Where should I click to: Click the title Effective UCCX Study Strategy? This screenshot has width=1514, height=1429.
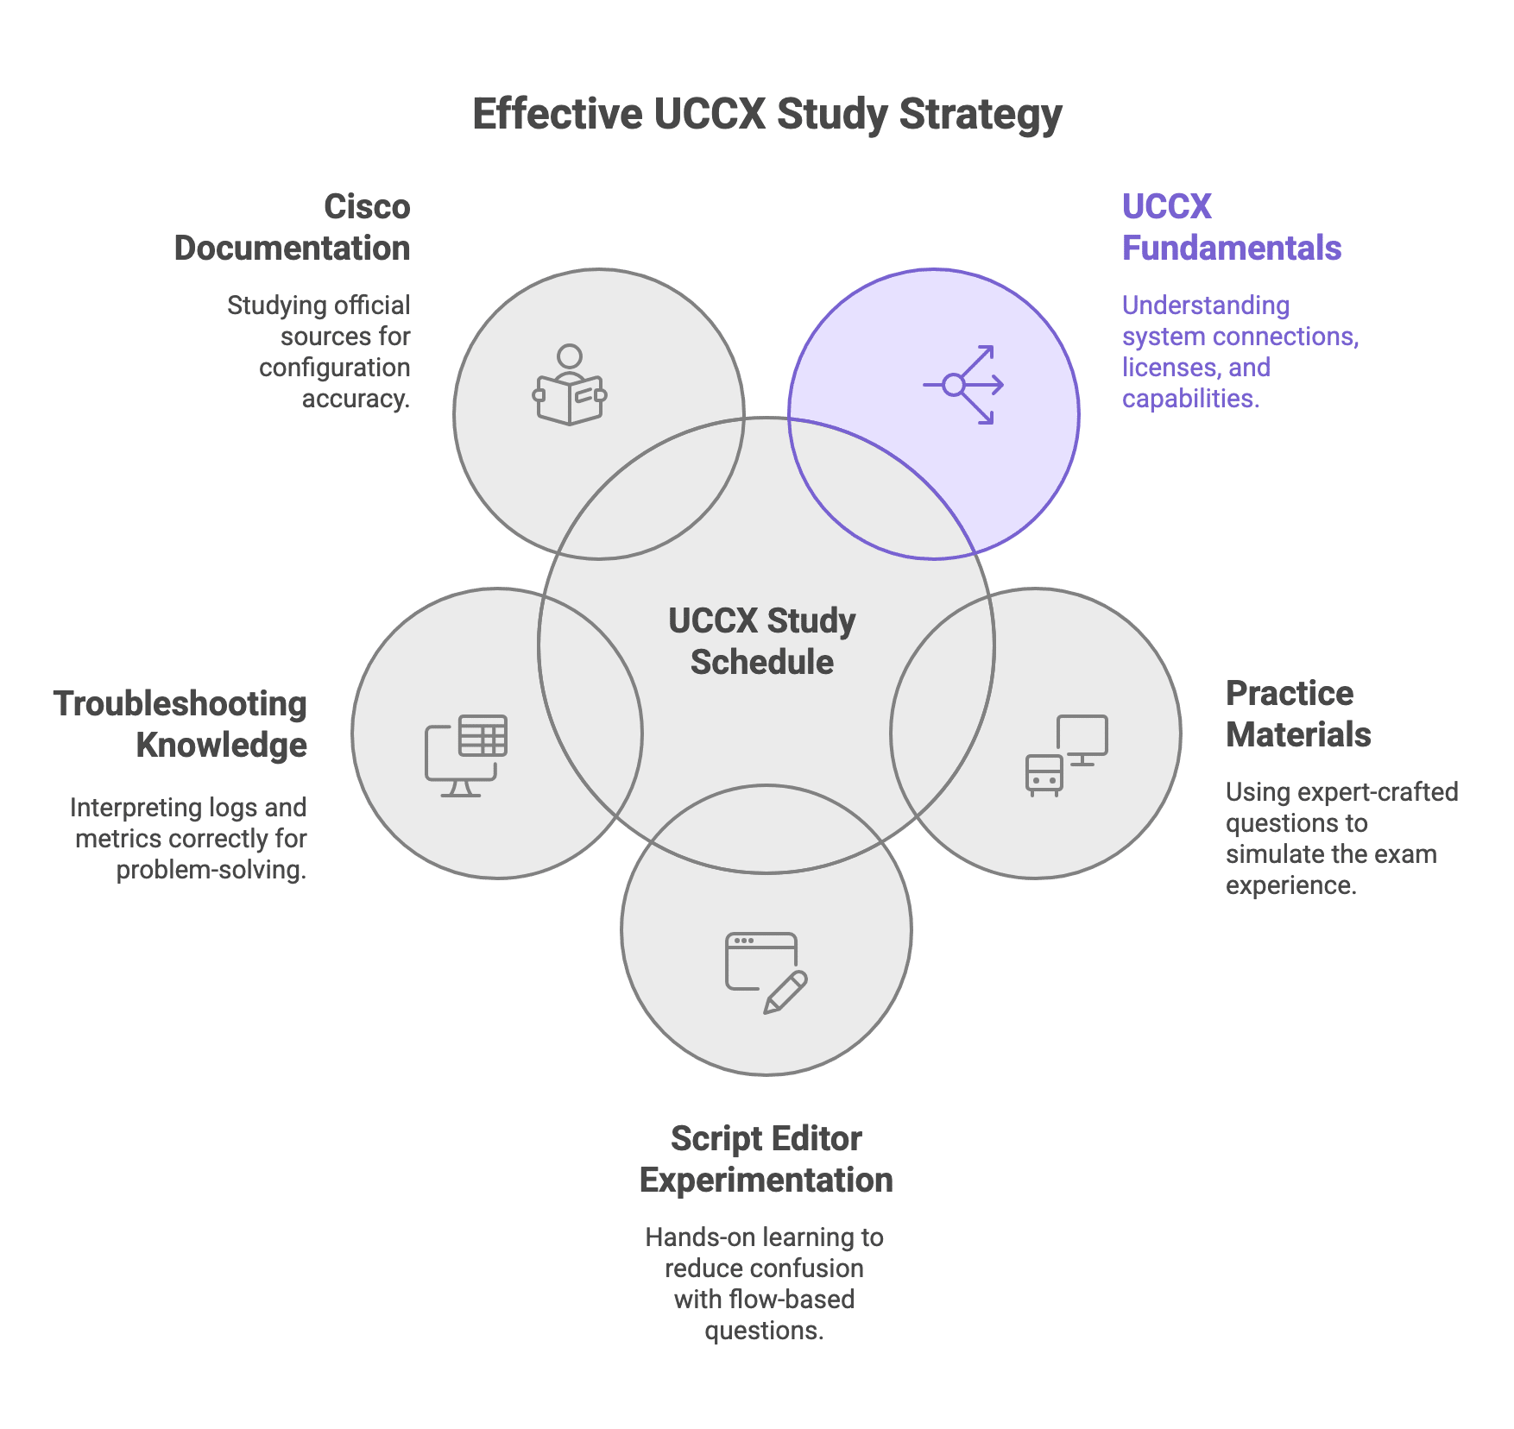pos(766,115)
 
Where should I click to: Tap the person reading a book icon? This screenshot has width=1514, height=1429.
pos(570,385)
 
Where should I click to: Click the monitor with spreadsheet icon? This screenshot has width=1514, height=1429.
pos(466,755)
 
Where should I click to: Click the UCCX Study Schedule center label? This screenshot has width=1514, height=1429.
pos(762,641)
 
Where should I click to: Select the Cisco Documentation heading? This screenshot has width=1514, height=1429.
pos(293,227)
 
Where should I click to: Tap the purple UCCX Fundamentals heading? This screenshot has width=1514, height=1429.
pos(1231,227)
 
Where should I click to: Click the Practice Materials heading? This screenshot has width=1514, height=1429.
pos(1298,714)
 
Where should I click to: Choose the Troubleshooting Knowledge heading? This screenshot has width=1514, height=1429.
pos(180,724)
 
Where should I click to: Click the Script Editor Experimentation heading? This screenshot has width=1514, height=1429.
pos(766,1159)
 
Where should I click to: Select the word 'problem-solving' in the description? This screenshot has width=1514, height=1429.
pos(211,870)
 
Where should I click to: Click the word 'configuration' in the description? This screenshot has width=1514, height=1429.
pos(335,368)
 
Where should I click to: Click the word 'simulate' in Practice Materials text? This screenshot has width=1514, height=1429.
pos(1276,854)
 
